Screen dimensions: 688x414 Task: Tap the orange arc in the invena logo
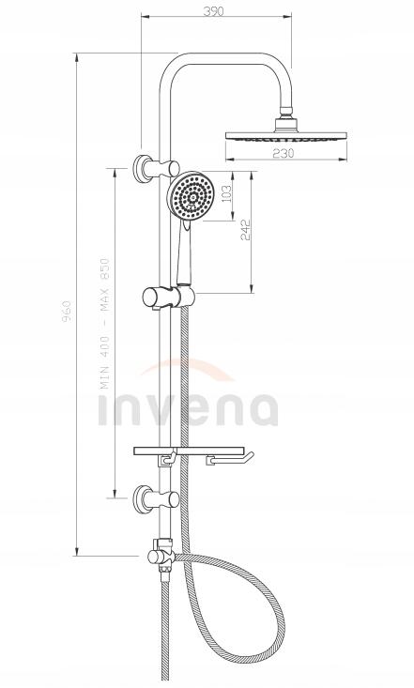[188, 368]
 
